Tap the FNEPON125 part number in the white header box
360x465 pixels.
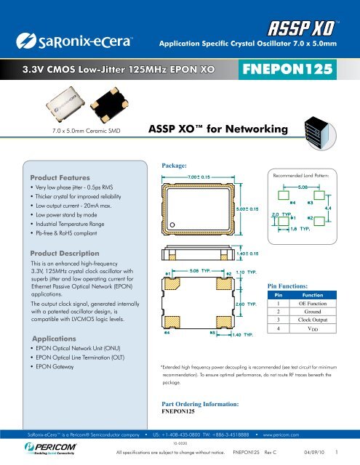click(x=289, y=71)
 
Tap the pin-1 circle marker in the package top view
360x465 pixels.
click(x=172, y=225)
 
